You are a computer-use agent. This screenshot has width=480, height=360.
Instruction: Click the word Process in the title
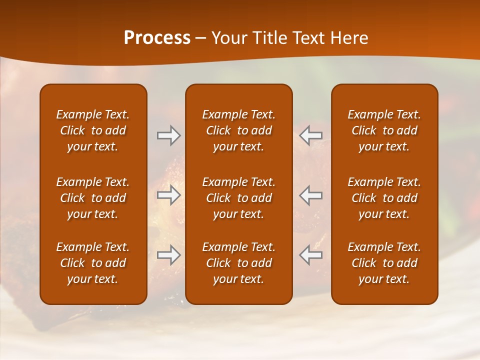click(x=157, y=38)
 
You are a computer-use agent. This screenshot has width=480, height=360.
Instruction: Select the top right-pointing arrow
click(x=168, y=135)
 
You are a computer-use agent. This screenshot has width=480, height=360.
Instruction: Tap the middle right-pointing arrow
click(x=168, y=195)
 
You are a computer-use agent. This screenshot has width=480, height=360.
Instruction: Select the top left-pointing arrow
click(x=311, y=135)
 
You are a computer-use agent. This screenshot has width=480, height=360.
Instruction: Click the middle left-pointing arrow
click(x=311, y=195)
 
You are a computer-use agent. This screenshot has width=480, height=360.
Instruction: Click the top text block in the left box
click(x=93, y=130)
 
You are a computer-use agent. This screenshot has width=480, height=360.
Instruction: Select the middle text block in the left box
click(x=93, y=198)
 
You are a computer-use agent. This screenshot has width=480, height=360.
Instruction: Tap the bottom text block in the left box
click(x=93, y=263)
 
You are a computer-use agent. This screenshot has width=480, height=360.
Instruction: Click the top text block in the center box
click(x=238, y=130)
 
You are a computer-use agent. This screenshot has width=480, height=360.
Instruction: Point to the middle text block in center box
click(x=238, y=198)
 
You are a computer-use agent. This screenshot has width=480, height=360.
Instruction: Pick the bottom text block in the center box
click(x=238, y=263)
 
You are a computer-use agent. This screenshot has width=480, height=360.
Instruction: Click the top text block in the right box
click(x=384, y=130)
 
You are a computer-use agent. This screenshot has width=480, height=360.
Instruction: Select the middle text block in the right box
click(x=384, y=198)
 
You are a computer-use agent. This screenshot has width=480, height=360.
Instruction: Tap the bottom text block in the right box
click(x=384, y=263)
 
